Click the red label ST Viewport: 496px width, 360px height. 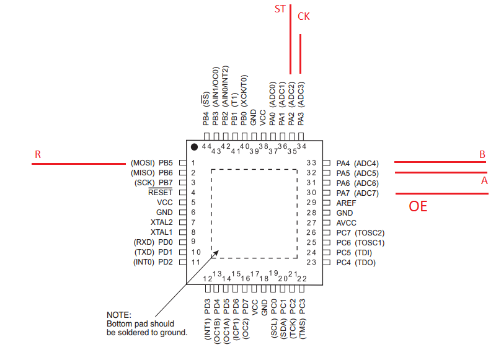pyautogui.click(x=280, y=9)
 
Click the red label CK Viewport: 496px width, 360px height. pyautogui.click(x=304, y=17)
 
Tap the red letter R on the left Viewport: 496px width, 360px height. pyautogui.click(x=38, y=155)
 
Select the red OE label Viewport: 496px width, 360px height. pyautogui.click(x=418, y=206)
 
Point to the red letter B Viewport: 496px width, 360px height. pyautogui.click(x=481, y=155)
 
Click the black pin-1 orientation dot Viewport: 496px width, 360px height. pyautogui.click(x=195, y=147)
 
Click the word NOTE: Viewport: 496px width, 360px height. pyautogui.click(x=118, y=315)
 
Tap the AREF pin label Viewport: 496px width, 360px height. pyautogui.click(x=346, y=203)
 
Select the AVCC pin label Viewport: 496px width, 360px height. pyautogui.click(x=346, y=222)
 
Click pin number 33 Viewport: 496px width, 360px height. pyautogui.click(x=312, y=163)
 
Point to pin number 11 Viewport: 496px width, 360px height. pyautogui.click(x=195, y=262)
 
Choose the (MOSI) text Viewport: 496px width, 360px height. pyautogui.click(x=142, y=163)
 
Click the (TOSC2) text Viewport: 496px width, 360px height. pyautogui.click(x=370, y=232)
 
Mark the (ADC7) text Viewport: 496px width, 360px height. pyautogui.click(x=367, y=193)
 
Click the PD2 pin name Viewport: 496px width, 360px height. pyautogui.click(x=166, y=262)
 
